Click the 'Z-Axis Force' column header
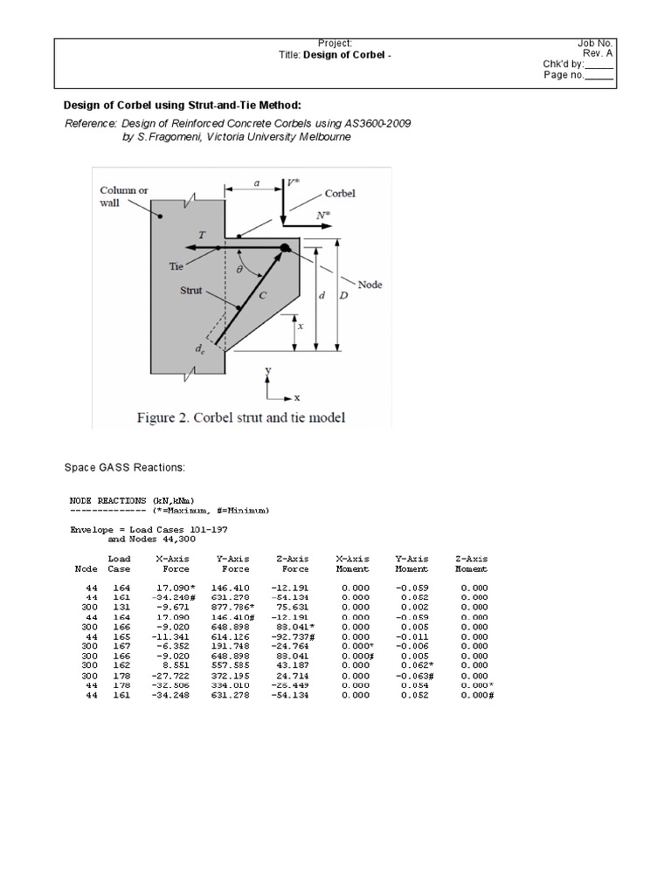294,563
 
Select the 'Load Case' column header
119,563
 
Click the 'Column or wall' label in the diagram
123,196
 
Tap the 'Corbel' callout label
340,194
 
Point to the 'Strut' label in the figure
191,291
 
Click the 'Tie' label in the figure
176,267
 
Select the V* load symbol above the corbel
294,184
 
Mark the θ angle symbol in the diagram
240,271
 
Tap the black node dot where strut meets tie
286,249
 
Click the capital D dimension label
345,296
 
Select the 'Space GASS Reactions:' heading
125,467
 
